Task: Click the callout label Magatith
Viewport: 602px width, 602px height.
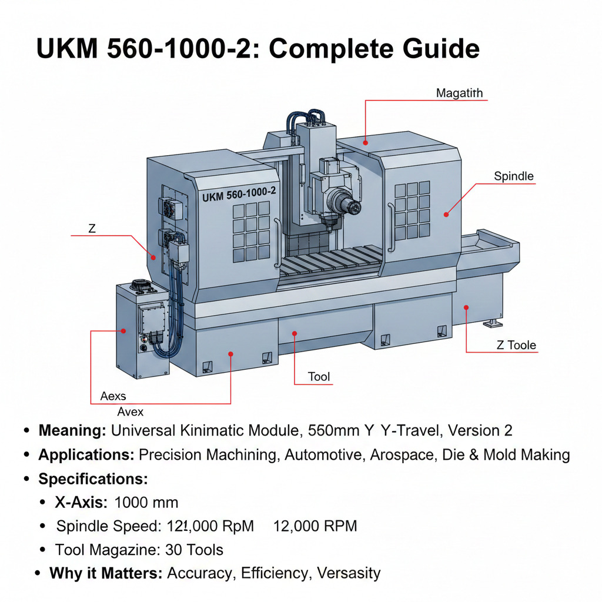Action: click(459, 93)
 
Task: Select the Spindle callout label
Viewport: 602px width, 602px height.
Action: click(513, 176)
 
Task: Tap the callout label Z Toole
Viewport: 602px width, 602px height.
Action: click(516, 345)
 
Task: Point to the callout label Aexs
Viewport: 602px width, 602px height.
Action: click(113, 396)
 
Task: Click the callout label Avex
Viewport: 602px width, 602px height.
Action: click(130, 411)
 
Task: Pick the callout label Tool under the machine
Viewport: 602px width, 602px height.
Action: click(319, 376)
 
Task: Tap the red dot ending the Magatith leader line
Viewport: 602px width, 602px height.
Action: click(365, 142)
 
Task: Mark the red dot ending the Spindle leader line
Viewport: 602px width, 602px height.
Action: click(446, 215)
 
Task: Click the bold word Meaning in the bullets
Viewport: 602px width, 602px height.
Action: click(72, 430)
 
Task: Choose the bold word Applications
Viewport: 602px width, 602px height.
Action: click(86, 454)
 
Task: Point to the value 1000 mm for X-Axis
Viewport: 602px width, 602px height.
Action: click(146, 503)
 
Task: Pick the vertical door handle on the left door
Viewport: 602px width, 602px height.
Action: click(275, 241)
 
